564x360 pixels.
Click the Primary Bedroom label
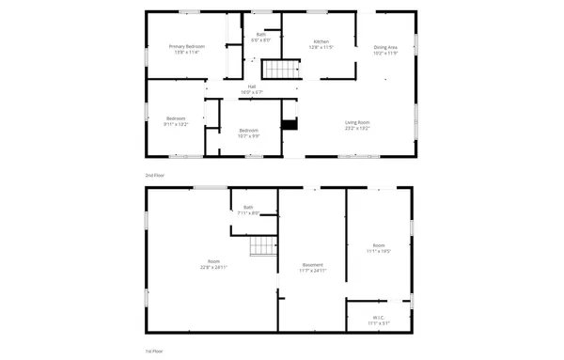(x=186, y=46)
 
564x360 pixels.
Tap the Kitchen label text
(x=321, y=42)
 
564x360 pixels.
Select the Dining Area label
(x=384, y=47)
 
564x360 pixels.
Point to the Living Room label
(x=356, y=122)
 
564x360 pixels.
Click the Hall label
(x=252, y=87)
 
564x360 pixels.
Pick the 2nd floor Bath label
(x=260, y=35)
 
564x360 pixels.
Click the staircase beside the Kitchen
(x=277, y=70)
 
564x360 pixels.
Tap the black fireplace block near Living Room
(x=290, y=123)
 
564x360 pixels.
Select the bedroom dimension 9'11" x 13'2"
(x=176, y=124)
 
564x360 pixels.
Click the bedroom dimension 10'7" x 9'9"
(x=248, y=135)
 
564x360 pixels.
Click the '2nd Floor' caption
(x=153, y=175)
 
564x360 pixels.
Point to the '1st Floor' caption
(x=153, y=350)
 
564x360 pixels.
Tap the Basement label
(x=313, y=264)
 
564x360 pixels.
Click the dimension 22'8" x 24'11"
(x=214, y=267)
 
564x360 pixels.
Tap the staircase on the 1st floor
(x=261, y=246)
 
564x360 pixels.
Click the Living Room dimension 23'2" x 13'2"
(x=356, y=128)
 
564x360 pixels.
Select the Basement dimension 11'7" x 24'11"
(x=313, y=270)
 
